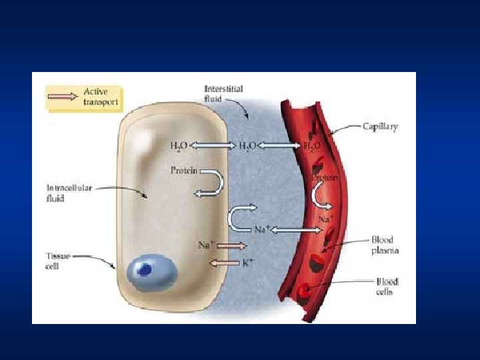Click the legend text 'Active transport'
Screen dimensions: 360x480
pyautogui.click(x=101, y=96)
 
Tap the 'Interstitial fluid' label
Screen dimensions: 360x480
pyautogui.click(x=223, y=93)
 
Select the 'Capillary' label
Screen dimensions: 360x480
pyautogui.click(x=381, y=126)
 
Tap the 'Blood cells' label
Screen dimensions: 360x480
pyautogui.click(x=387, y=287)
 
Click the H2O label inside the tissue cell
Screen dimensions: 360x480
pyautogui.click(x=179, y=145)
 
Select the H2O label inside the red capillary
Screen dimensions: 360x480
pyautogui.click(x=312, y=145)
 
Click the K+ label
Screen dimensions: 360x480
pyautogui.click(x=247, y=263)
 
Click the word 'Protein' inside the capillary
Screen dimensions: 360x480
pyautogui.click(x=325, y=178)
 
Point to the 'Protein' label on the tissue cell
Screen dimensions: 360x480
pyautogui.click(x=184, y=171)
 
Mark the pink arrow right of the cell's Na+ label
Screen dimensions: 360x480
pyautogui.click(x=232, y=245)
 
